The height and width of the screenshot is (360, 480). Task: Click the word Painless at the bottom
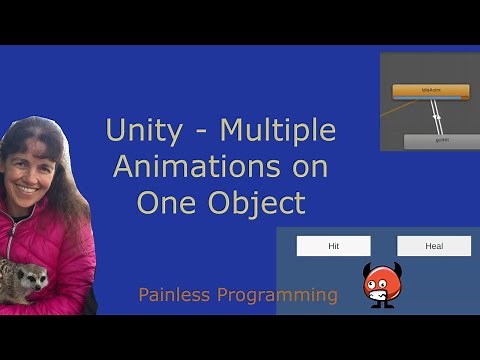click(x=175, y=295)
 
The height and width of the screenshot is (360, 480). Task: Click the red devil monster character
click(x=380, y=286)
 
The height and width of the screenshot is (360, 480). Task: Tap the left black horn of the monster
click(x=367, y=269)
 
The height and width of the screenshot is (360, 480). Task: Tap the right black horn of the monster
click(x=395, y=269)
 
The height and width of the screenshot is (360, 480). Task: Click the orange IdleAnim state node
click(x=431, y=91)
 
